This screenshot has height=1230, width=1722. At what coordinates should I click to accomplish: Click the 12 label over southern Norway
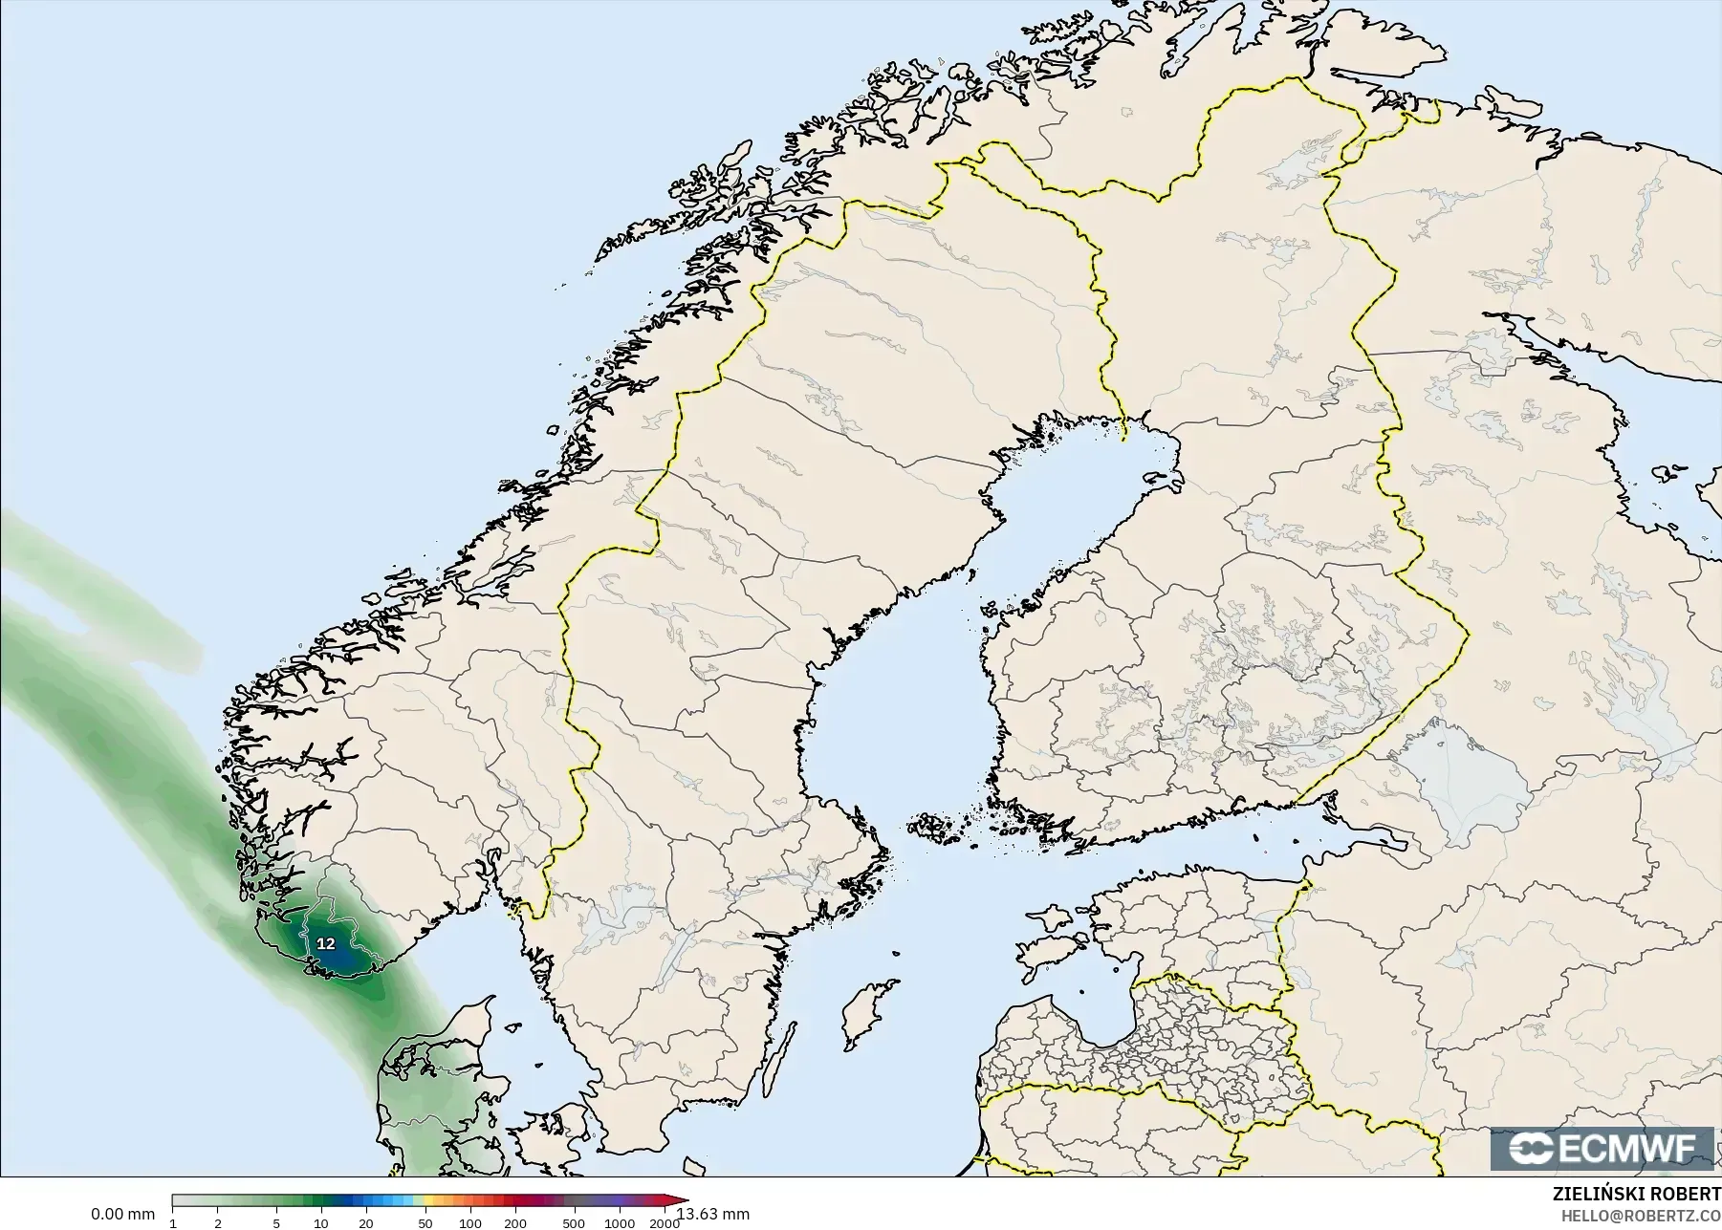[x=326, y=943]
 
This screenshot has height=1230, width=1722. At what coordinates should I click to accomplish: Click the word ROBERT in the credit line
[x=1687, y=1194]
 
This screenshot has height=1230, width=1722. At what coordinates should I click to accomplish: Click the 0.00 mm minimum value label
[x=122, y=1214]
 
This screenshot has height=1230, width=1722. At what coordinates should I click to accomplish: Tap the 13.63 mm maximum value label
[x=713, y=1214]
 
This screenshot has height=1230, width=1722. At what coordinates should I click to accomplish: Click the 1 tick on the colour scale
[x=173, y=1223]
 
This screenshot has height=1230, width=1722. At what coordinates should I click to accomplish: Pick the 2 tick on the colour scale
[x=218, y=1223]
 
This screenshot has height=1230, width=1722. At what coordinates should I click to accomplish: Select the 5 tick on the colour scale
[x=276, y=1223]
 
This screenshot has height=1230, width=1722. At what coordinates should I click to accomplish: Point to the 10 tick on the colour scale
[x=320, y=1223]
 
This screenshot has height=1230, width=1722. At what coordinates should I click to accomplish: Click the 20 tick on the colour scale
[x=365, y=1223]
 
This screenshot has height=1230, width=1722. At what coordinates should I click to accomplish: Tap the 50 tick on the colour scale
[x=425, y=1223]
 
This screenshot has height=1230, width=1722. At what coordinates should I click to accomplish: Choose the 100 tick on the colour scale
[x=469, y=1223]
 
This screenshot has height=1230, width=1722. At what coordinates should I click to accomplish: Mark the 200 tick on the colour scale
[x=514, y=1223]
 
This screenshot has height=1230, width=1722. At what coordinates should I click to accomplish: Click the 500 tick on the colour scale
[x=574, y=1223]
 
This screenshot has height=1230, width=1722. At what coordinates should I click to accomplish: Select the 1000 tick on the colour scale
[x=619, y=1223]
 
